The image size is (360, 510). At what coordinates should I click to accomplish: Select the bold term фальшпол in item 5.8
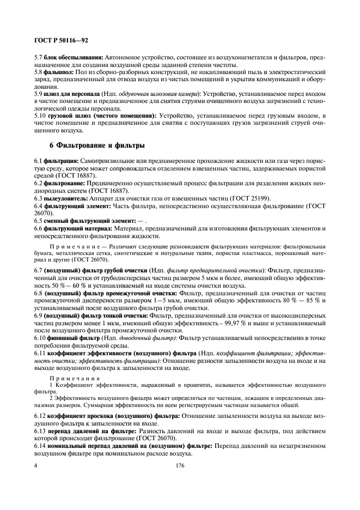coord(58,71)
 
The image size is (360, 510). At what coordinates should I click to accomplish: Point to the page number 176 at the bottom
coord(180,467)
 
